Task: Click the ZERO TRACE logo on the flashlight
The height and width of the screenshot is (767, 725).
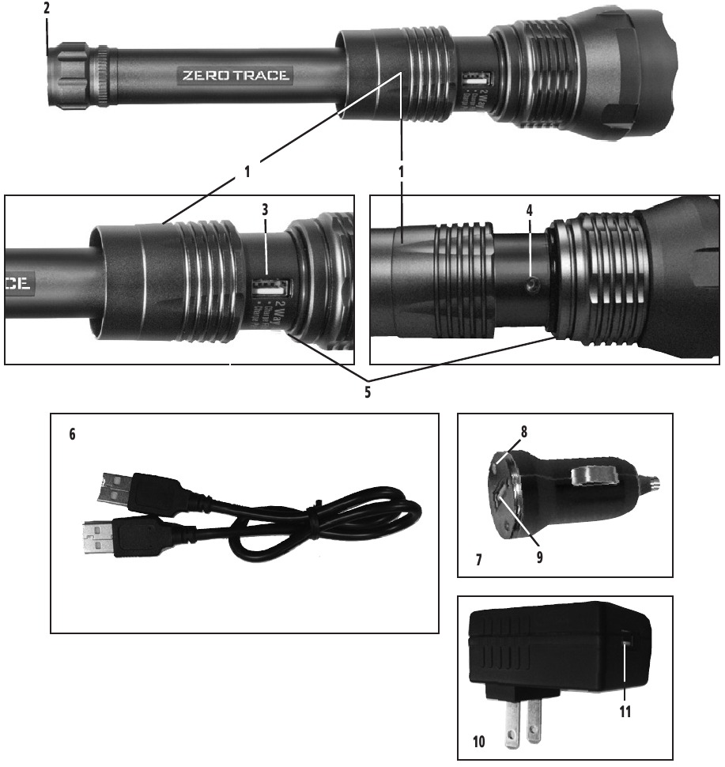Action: pyautogui.click(x=236, y=76)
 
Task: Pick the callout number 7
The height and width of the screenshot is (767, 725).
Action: pyautogui.click(x=480, y=560)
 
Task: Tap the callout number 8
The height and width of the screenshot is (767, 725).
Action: pyautogui.click(x=523, y=433)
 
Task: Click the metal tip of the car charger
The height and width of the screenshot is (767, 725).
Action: pyautogui.click(x=654, y=481)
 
